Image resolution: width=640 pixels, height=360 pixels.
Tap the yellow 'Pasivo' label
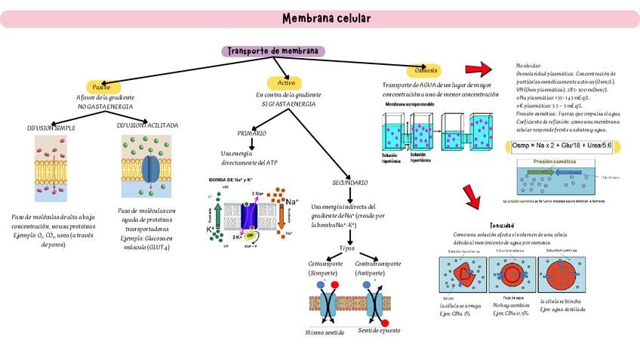101,87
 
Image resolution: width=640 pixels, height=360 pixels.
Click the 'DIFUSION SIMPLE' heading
51,128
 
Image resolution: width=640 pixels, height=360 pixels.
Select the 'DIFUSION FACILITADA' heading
148,125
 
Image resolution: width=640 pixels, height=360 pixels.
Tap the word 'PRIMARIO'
251,133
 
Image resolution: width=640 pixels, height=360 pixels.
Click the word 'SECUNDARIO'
350,183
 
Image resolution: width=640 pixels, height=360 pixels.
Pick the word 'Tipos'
347,248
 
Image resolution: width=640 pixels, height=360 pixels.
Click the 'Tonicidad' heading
503,225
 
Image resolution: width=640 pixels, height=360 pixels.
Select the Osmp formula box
561,145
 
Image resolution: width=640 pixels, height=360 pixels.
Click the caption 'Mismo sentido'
325,332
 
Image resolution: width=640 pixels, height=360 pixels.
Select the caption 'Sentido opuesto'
380,331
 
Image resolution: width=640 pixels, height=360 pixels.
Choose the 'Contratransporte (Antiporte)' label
377,269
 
